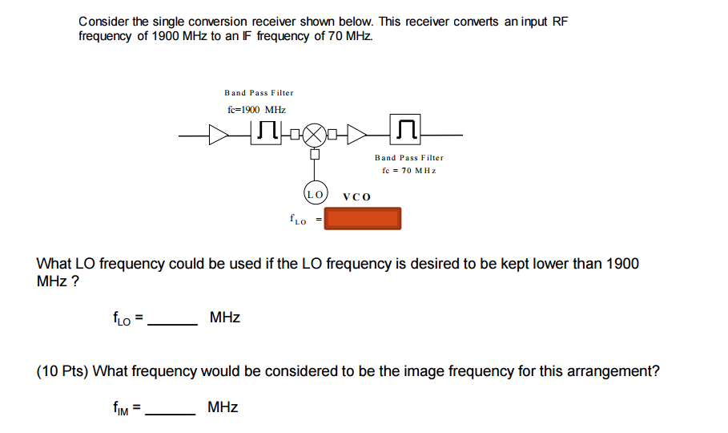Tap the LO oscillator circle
(x=315, y=194)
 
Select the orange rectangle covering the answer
(x=363, y=218)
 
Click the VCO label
(x=356, y=196)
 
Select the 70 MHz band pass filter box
(x=407, y=129)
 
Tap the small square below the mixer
(x=315, y=154)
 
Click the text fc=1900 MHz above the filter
(x=256, y=109)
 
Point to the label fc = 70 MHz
(x=408, y=170)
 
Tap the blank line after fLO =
(x=174, y=323)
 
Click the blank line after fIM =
(x=172, y=413)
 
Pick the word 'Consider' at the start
(x=107, y=22)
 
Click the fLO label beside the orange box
(x=297, y=218)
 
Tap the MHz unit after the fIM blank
(x=223, y=407)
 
